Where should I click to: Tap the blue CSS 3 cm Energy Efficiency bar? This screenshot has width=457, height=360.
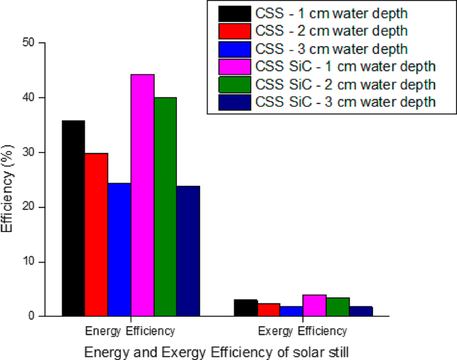point(119,249)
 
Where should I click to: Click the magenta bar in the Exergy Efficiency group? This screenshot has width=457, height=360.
point(314,305)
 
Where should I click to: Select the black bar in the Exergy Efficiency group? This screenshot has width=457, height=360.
point(246,308)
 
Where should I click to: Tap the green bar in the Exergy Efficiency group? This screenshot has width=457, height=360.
point(338,307)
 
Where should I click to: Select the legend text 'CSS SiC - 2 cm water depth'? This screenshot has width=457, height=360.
point(345,84)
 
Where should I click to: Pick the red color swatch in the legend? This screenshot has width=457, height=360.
point(235,31)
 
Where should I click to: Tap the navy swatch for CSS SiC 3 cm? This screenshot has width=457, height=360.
point(235,101)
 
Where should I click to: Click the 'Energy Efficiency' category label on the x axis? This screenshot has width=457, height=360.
point(130,331)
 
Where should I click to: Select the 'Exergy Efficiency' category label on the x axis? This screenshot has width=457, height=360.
point(302,331)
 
